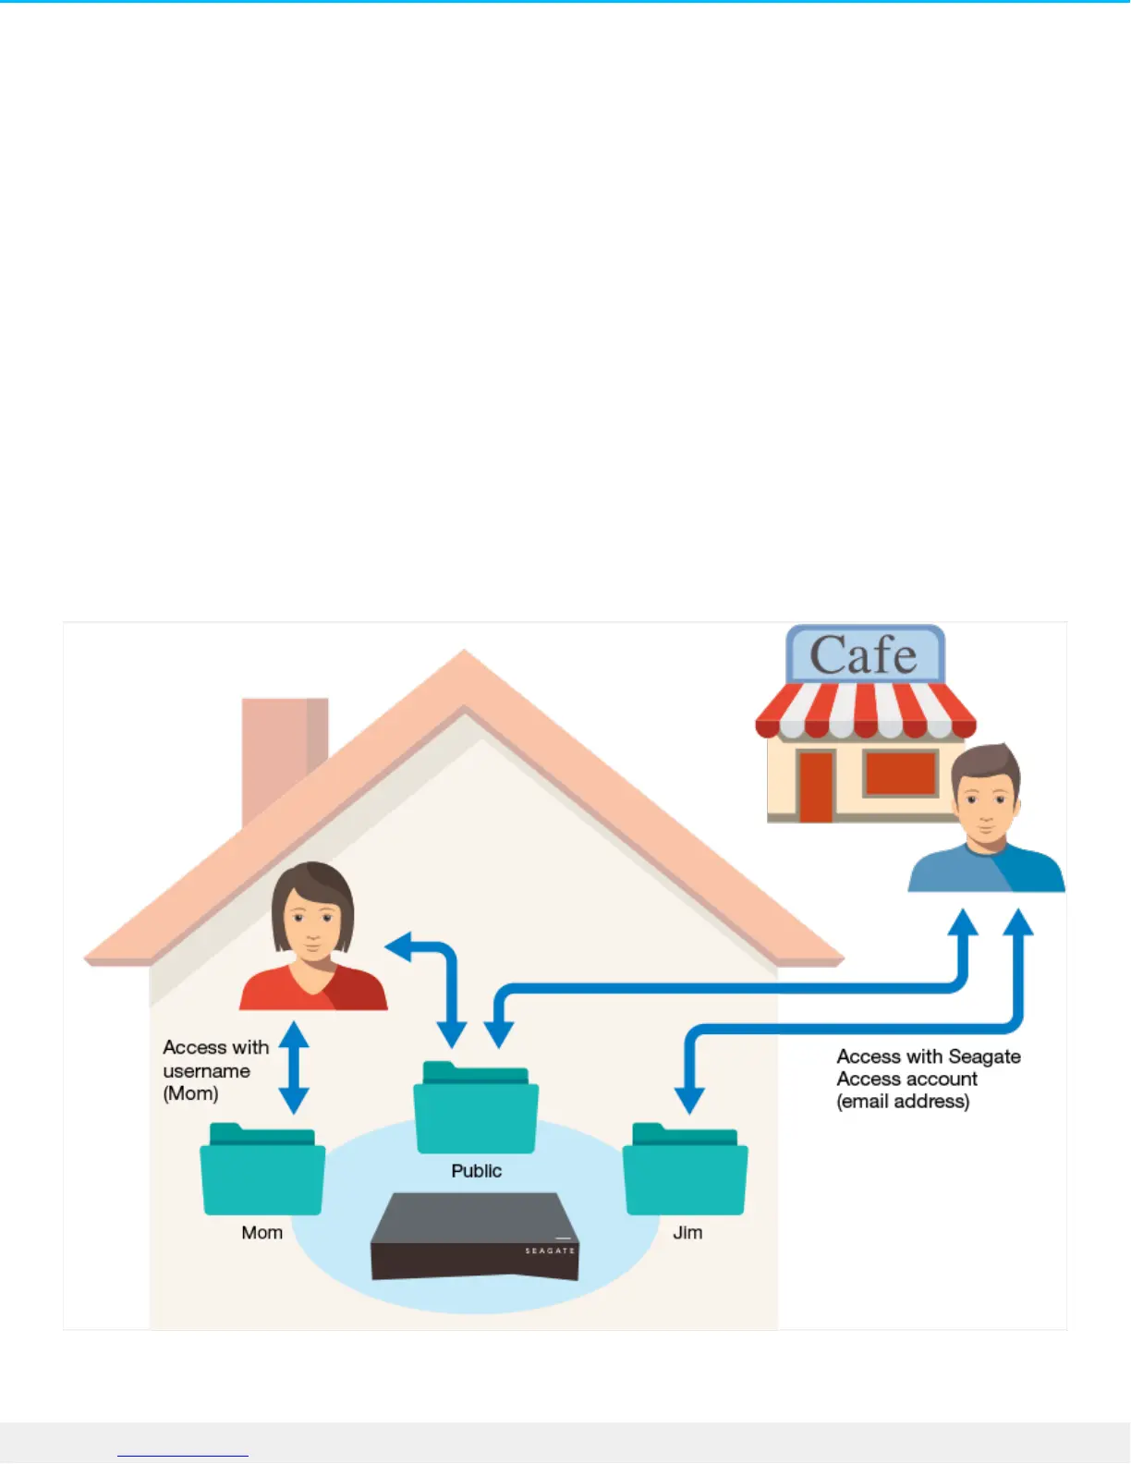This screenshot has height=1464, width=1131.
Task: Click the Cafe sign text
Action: click(x=864, y=655)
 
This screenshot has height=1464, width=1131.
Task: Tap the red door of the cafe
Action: click(x=816, y=785)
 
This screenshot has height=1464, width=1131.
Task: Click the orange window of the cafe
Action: click(x=900, y=773)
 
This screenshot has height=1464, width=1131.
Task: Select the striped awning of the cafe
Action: click(x=865, y=711)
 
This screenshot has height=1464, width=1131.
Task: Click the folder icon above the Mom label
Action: click(x=262, y=1171)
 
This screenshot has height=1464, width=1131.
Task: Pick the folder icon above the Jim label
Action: click(x=685, y=1171)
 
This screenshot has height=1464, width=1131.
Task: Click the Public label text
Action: click(x=476, y=1171)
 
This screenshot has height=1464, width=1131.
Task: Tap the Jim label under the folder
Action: click(x=687, y=1233)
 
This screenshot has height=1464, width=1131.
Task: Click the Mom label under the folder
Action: click(x=262, y=1233)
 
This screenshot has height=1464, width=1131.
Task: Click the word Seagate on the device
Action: click(x=550, y=1250)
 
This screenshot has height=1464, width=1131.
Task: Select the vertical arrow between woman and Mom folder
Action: click(x=294, y=1067)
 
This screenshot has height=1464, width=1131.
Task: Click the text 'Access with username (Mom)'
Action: click(x=214, y=1070)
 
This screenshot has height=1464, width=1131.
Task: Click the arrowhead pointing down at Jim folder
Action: click(x=689, y=1100)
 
